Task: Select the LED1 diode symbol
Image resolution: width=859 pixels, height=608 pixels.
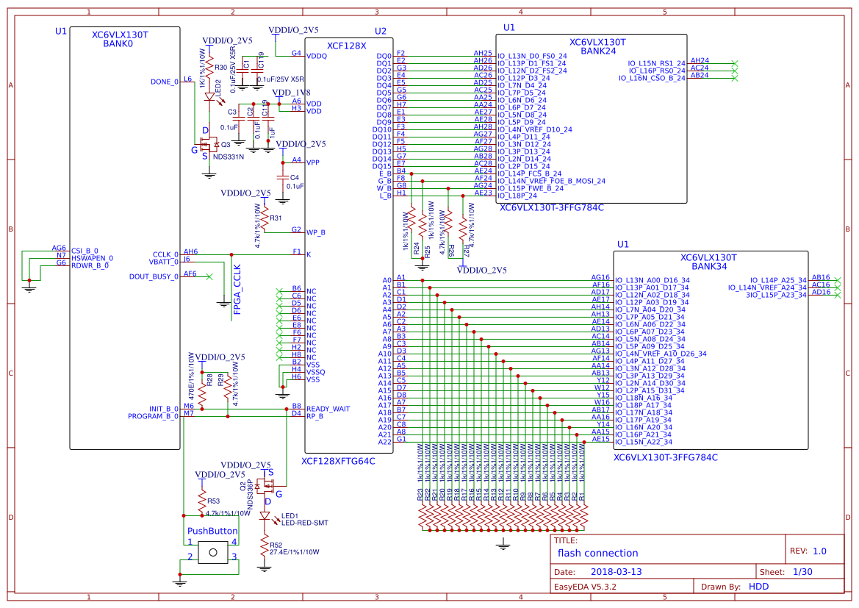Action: click(x=265, y=517)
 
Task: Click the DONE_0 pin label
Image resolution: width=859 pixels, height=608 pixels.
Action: click(x=164, y=82)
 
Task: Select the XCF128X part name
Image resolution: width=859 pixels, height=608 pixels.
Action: click(x=346, y=46)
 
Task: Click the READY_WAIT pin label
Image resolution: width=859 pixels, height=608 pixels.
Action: click(x=328, y=408)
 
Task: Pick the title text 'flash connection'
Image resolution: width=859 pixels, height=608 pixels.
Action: click(x=597, y=553)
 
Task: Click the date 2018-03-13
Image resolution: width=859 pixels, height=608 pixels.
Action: click(x=617, y=571)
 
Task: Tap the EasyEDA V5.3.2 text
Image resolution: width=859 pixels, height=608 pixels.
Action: click(x=586, y=587)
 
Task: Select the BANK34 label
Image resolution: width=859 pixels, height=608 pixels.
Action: click(x=708, y=267)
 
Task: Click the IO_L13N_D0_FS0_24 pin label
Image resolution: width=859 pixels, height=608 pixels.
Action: click(x=532, y=56)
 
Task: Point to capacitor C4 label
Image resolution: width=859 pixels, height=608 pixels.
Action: click(x=294, y=178)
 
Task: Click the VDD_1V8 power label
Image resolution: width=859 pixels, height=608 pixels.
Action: click(x=292, y=93)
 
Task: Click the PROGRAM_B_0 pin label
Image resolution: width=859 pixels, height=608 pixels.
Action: click(x=153, y=416)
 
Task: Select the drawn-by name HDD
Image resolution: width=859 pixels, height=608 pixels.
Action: click(x=758, y=587)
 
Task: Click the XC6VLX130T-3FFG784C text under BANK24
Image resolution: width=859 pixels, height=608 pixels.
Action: click(x=551, y=207)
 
